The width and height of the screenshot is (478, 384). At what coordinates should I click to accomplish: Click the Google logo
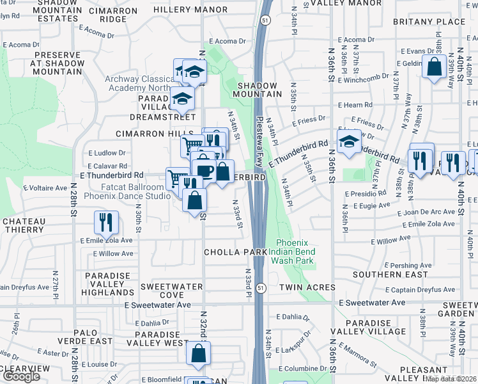(20, 376)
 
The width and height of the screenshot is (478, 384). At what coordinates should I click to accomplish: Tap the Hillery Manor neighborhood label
(190, 10)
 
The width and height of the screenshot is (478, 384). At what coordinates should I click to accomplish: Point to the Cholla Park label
(235, 252)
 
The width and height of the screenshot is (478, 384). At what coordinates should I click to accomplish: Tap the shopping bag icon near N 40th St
(435, 67)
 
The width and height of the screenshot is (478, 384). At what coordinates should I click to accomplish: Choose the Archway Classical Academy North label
(139, 83)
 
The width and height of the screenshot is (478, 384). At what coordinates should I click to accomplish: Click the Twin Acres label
(304, 289)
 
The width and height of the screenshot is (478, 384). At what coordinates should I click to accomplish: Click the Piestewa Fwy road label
(259, 141)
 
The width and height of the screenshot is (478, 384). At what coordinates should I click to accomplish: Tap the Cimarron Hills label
(145, 133)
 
